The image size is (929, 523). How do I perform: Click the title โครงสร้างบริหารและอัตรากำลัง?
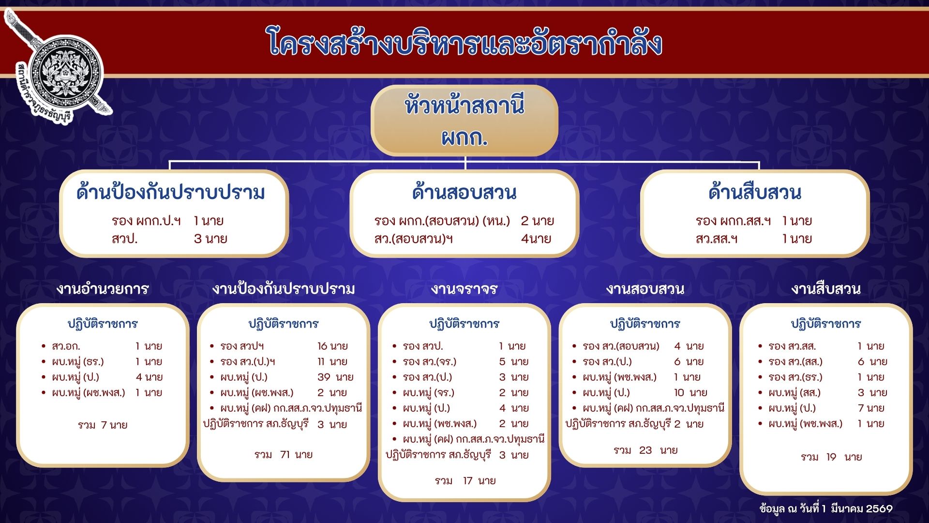pyautogui.click(x=464, y=43)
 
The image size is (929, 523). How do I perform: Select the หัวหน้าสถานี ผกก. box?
pyautogui.click(x=464, y=121)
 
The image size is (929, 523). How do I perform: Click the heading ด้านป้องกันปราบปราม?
pyautogui.click(x=171, y=192)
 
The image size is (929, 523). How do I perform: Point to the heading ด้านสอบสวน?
pyautogui.click(x=464, y=192)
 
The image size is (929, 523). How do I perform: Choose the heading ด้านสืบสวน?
pyautogui.click(x=755, y=192)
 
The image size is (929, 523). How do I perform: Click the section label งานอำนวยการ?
pyautogui.click(x=103, y=289)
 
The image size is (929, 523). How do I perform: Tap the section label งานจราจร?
pyautogui.click(x=464, y=289)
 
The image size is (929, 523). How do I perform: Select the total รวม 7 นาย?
pyautogui.click(x=103, y=425)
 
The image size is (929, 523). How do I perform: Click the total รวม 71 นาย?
pyautogui.click(x=284, y=455)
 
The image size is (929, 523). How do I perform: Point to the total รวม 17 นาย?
pyautogui.click(x=465, y=481)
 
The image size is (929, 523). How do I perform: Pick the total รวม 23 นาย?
pyautogui.click(x=645, y=450)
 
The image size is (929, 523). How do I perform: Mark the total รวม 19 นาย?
pyautogui.click(x=831, y=457)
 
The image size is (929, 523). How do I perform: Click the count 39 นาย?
pyautogui.click(x=335, y=377)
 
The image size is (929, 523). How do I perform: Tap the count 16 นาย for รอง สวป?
pyautogui.click(x=332, y=346)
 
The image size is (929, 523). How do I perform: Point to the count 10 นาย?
pyautogui.click(x=690, y=393)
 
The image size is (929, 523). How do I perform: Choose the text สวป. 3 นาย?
pyautogui.click(x=169, y=239)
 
